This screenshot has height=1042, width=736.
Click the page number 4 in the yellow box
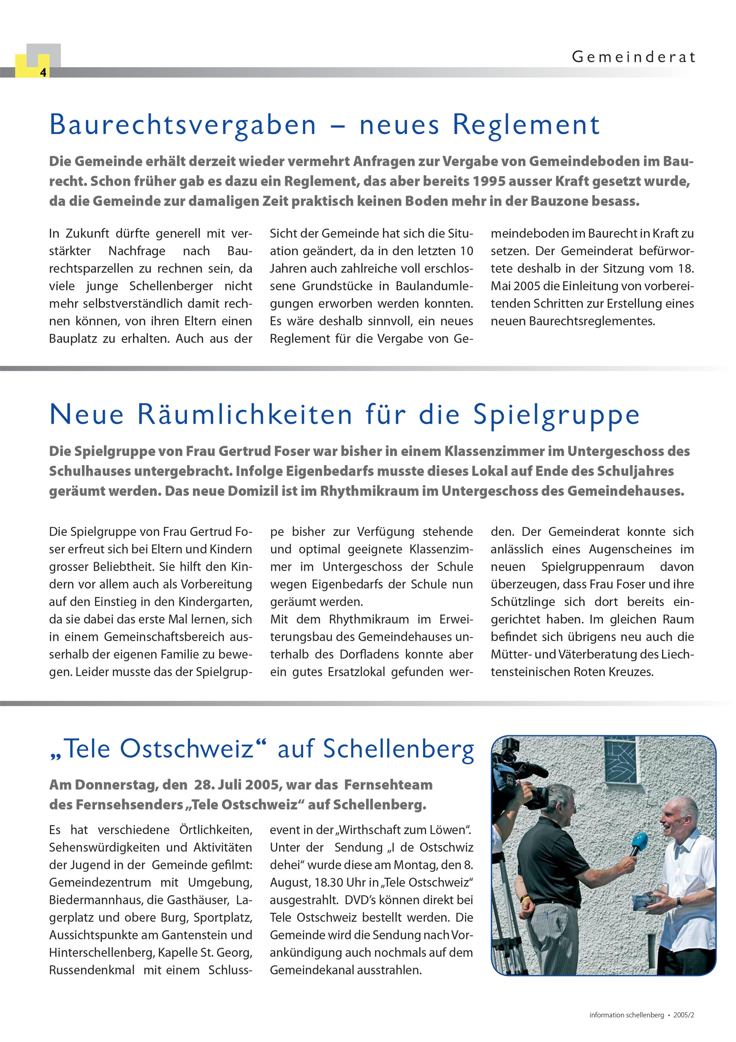(43, 72)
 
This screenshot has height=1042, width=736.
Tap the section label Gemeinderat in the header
(633, 57)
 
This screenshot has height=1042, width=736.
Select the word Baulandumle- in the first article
(434, 286)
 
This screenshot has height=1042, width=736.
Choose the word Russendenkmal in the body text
(92, 970)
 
